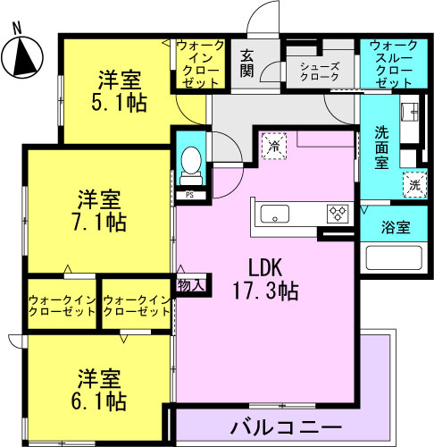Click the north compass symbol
(x=22, y=56)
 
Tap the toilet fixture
(x=191, y=166)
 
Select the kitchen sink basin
(x=275, y=214)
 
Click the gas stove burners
(x=338, y=214)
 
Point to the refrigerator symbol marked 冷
(x=274, y=147)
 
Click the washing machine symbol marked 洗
(x=415, y=185)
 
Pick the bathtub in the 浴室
(x=394, y=257)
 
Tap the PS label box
(x=190, y=195)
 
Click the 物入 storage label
(x=191, y=285)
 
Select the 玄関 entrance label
(x=247, y=63)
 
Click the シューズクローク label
(x=320, y=72)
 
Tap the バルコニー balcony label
(x=286, y=427)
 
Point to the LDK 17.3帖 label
(x=265, y=279)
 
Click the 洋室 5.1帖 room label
(x=119, y=91)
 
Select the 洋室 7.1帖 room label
(x=99, y=211)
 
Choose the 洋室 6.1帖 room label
(x=99, y=390)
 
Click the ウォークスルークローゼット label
(x=394, y=63)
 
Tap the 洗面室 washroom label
(x=381, y=148)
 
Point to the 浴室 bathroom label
(x=396, y=227)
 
